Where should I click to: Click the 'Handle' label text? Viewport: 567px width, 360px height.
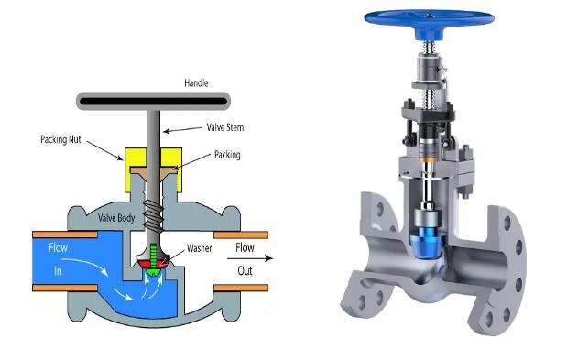196,83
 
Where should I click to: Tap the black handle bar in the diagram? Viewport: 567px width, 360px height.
153,101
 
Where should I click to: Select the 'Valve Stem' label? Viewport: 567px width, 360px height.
225,127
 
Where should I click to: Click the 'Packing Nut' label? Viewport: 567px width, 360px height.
60,139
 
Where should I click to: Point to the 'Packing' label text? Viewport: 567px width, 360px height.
227,155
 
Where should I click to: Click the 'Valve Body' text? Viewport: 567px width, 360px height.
116,218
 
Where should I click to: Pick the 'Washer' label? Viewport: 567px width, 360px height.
200,248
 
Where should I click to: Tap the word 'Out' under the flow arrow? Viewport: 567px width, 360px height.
245,271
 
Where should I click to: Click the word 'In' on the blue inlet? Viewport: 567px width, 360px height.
58,271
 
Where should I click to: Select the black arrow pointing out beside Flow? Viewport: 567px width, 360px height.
249,258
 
